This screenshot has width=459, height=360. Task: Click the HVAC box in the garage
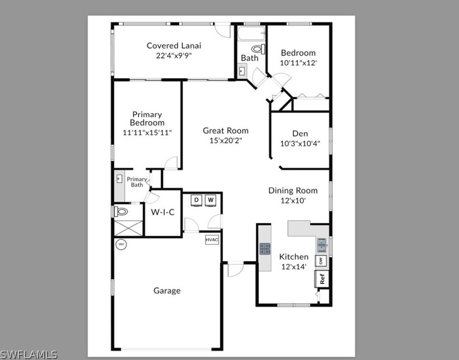(x=212, y=240)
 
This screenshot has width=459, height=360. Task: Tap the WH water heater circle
(x=121, y=244)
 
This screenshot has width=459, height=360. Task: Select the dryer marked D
(x=197, y=200)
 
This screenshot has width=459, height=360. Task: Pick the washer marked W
(x=210, y=200)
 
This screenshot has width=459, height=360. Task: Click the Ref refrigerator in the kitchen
(x=321, y=279)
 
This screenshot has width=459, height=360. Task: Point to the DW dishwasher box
(x=321, y=261)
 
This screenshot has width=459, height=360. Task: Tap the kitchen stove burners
(x=265, y=248)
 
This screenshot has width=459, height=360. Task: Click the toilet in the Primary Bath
(x=120, y=211)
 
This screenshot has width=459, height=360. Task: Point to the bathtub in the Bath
(x=252, y=33)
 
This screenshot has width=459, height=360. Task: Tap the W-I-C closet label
(x=162, y=212)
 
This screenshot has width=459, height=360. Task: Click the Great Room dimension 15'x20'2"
(x=225, y=141)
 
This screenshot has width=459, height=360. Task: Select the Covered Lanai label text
(x=174, y=46)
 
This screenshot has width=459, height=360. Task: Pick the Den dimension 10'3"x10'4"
(x=300, y=143)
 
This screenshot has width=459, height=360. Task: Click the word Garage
(x=167, y=291)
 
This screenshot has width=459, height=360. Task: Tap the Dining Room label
(x=293, y=190)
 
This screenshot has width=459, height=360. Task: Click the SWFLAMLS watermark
(x=29, y=355)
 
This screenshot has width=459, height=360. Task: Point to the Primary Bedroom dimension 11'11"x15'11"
(x=147, y=133)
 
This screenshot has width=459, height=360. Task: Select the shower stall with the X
(x=129, y=228)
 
